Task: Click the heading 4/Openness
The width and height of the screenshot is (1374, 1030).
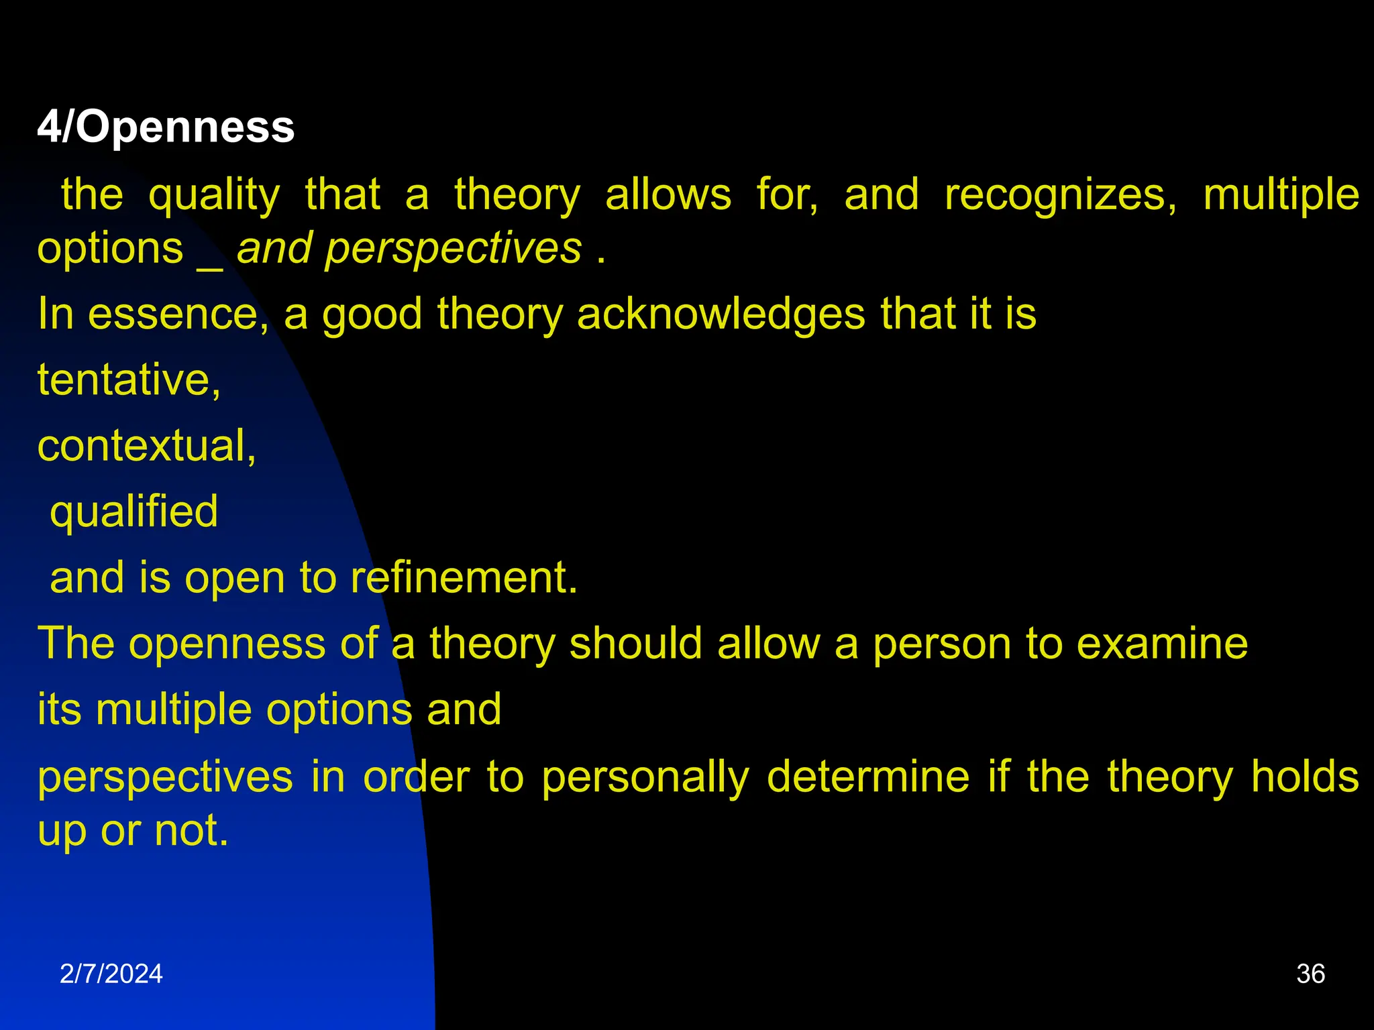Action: pyautogui.click(x=166, y=127)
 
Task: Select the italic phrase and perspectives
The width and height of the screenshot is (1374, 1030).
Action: pyautogui.click(x=409, y=249)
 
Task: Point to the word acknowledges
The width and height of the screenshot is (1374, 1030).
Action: pyautogui.click(x=721, y=314)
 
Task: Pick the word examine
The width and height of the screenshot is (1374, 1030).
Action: pyautogui.click(x=1162, y=644)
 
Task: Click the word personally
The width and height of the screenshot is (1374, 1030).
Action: pyautogui.click(x=645, y=778)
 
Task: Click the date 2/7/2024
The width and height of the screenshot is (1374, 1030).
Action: pyautogui.click(x=111, y=974)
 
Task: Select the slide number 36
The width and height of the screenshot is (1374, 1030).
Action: pyautogui.click(x=1310, y=974)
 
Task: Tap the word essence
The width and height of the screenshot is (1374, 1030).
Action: pyautogui.click(x=178, y=314)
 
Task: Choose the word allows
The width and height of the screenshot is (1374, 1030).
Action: pyautogui.click(x=668, y=195)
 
